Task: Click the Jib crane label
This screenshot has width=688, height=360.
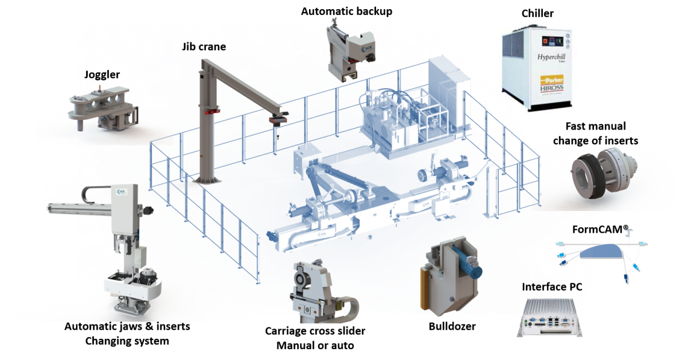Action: click(x=204, y=46)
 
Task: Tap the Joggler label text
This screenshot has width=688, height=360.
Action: click(x=102, y=75)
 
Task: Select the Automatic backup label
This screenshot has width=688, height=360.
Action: click(x=346, y=11)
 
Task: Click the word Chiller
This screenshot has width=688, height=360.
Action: click(x=538, y=14)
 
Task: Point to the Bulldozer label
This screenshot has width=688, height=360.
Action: click(x=452, y=326)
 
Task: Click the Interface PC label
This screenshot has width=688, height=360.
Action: click(x=552, y=287)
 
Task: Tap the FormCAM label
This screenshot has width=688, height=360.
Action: click(x=600, y=230)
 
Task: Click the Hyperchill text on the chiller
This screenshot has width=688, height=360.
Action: click(x=551, y=57)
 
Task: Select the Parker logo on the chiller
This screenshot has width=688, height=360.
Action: click(x=552, y=80)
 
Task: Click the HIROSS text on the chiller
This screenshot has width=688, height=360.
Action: click(x=552, y=88)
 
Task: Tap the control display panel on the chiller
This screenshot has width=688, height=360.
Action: click(x=552, y=41)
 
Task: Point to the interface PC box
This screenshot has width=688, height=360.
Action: click(x=549, y=318)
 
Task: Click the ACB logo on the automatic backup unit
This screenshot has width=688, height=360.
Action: click(x=366, y=49)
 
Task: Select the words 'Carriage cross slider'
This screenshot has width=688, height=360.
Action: click(x=315, y=331)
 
